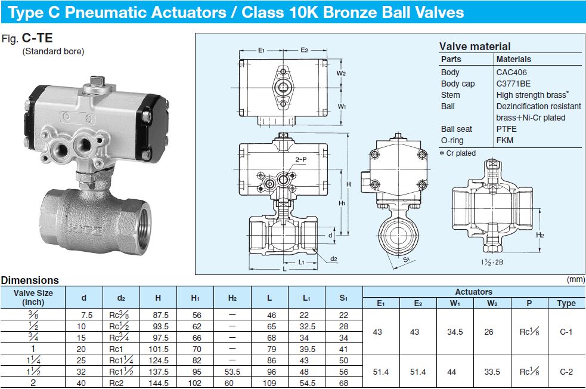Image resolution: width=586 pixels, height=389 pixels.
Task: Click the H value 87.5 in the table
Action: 158,314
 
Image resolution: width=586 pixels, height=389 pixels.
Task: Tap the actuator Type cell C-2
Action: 566,371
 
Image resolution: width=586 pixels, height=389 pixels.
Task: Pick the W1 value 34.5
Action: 455,332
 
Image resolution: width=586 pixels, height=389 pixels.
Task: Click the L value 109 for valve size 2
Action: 269,383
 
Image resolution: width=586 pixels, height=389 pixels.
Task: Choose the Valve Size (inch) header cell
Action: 33,297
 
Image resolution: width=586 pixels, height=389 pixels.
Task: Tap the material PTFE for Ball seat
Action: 507,129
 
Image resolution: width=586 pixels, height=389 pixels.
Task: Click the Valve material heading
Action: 475,47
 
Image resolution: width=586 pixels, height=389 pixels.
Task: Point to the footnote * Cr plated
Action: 458,153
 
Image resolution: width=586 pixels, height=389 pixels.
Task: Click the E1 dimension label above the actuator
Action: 261,51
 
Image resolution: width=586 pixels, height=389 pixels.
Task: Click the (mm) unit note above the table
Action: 575,279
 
